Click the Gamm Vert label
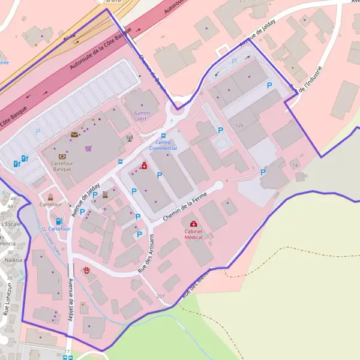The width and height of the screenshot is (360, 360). click(142, 116)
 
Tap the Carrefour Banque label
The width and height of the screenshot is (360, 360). click(61, 166)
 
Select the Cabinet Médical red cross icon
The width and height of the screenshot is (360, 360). click(193, 224)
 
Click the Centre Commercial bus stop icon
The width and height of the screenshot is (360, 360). click(164, 136)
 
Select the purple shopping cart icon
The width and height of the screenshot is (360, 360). click(89, 148)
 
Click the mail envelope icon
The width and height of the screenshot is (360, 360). click(74, 135)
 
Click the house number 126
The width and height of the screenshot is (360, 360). click(240, 125)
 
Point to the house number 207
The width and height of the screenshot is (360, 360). click(160, 296)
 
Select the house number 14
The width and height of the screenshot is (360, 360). click(295, 164)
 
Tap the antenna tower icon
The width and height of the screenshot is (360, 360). click(129, 138)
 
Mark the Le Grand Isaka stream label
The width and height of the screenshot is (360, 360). click(51, 239)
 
